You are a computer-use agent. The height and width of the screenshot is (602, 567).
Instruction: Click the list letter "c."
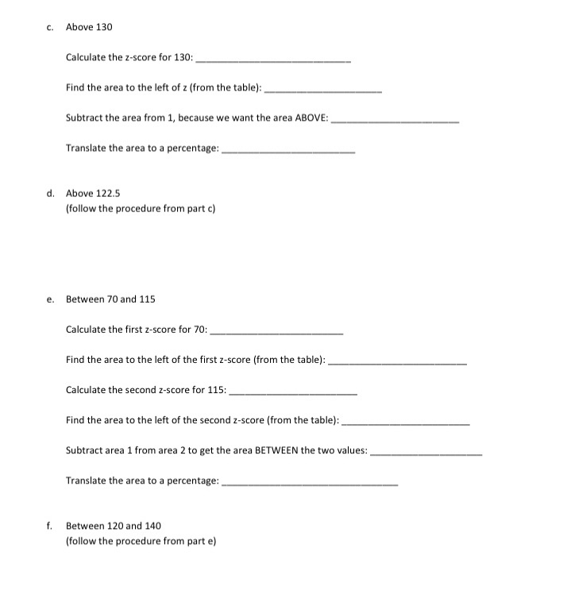coord(49,27)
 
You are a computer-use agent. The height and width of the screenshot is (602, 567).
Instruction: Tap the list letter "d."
coord(50,193)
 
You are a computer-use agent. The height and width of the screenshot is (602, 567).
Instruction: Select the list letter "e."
coord(50,299)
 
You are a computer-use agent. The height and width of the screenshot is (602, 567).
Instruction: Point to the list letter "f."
coord(49,526)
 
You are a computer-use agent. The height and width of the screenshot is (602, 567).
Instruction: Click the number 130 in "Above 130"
coord(103,27)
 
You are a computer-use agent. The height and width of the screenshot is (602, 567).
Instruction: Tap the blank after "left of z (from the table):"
coord(322,91)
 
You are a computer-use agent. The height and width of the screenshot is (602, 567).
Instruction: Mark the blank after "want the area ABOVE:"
coord(395,121)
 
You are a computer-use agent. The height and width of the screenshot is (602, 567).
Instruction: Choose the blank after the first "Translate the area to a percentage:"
coord(287,151)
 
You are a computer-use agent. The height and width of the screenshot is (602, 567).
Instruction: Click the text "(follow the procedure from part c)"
coord(141,208)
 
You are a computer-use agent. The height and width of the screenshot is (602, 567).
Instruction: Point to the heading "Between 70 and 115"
coord(110,299)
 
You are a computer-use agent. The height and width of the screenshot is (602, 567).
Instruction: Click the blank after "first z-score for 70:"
coord(275,332)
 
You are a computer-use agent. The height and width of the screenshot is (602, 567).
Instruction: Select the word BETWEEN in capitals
coord(276,450)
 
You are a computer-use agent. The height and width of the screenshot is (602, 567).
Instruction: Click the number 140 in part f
coord(152,526)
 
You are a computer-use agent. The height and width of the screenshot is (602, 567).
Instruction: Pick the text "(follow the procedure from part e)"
coord(141,541)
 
